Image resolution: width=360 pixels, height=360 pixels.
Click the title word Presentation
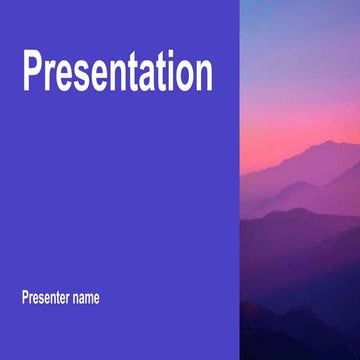(x=117, y=73)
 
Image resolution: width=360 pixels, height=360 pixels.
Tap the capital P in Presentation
(x=34, y=73)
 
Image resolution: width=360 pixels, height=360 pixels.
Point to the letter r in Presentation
(x=52, y=77)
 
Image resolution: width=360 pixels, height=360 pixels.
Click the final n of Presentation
(x=203, y=77)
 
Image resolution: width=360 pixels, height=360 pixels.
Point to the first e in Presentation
(x=66, y=77)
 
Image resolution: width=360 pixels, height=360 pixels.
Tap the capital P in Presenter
(x=24, y=297)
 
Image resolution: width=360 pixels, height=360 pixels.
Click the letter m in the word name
(x=89, y=298)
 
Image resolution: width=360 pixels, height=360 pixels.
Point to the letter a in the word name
(x=80, y=298)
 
